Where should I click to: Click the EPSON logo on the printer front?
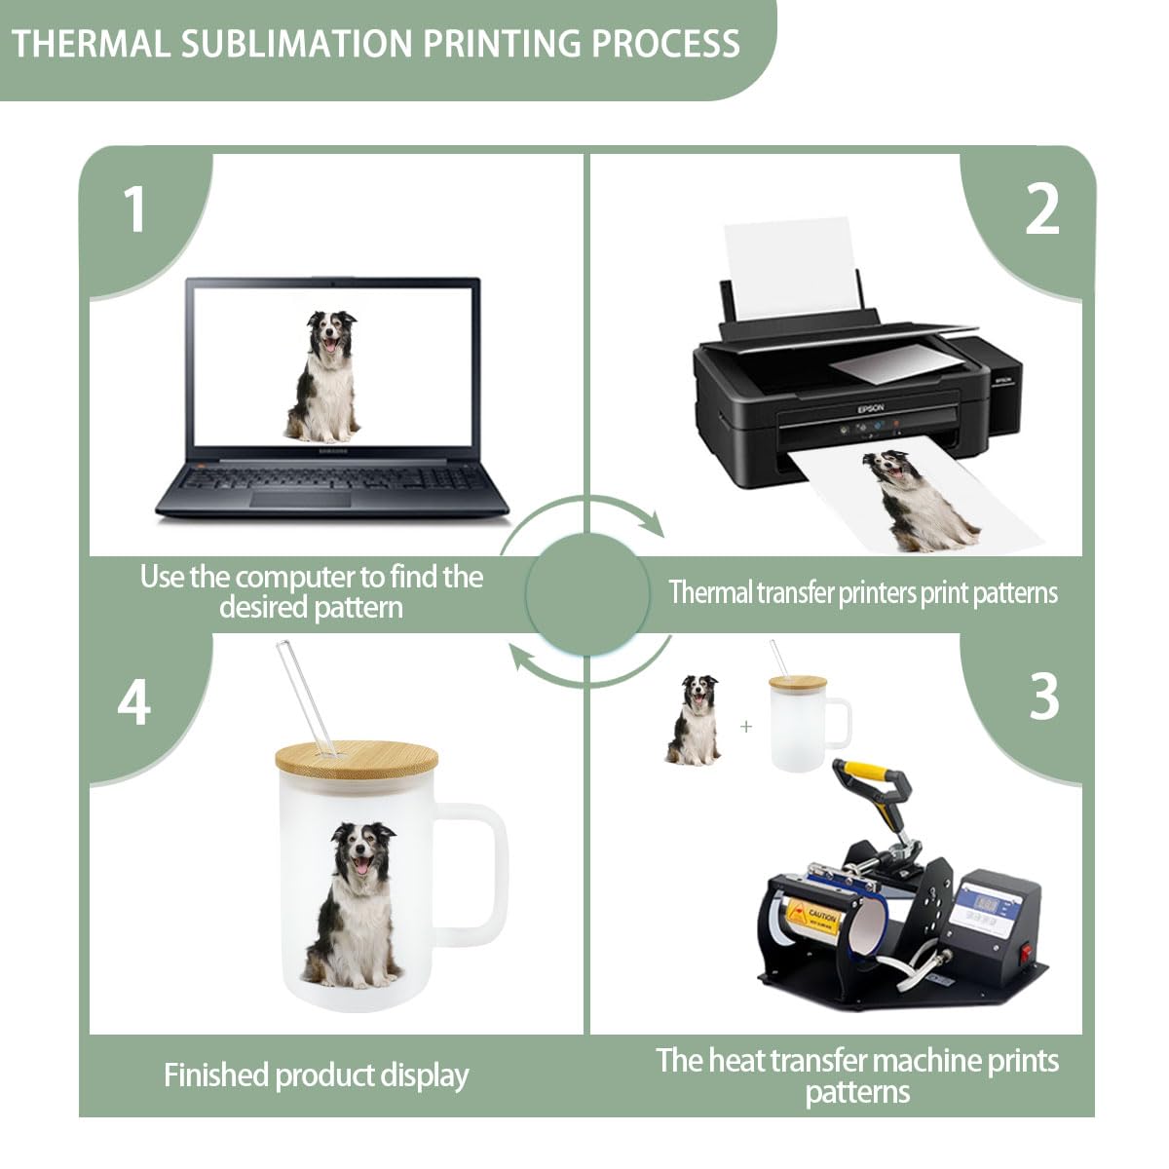coord(870,409)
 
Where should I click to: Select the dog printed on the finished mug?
coord(354,901)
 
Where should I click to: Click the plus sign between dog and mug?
coord(746,726)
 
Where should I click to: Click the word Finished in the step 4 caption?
coord(217,1075)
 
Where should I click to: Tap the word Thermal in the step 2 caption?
coord(709,591)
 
